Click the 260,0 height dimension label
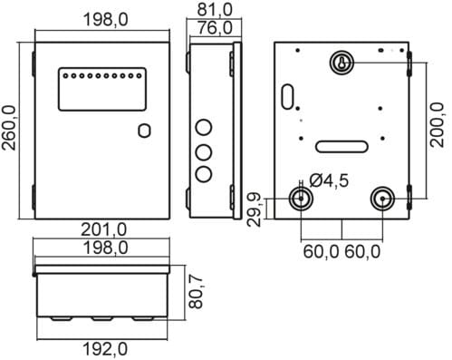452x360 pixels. click(x=9, y=128)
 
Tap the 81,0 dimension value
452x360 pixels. click(x=215, y=9)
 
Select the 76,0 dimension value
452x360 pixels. click(x=215, y=28)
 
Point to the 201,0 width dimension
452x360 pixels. click(x=103, y=229)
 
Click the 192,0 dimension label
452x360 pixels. click(x=104, y=349)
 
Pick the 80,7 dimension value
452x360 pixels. click(x=196, y=292)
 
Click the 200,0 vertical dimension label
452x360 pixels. click(x=438, y=125)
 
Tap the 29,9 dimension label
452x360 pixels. click(x=254, y=209)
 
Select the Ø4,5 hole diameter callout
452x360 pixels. click(x=329, y=180)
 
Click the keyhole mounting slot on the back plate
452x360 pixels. click(x=341, y=63)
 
